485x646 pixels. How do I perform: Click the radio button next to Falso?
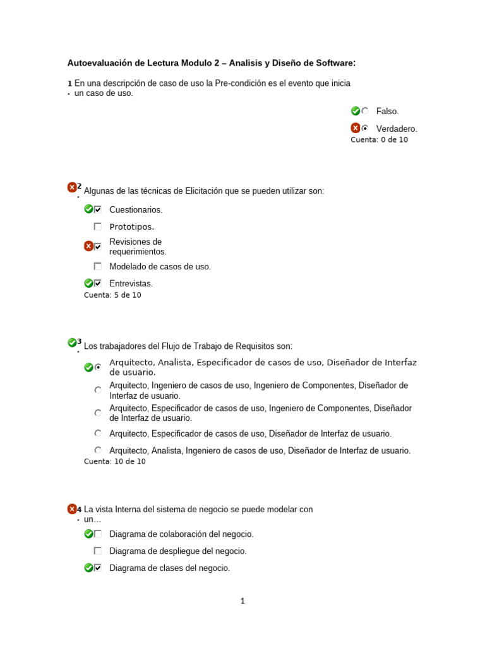tap(365, 111)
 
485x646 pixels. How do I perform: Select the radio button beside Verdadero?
tap(365, 128)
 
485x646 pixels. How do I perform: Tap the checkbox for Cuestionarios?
tap(98, 209)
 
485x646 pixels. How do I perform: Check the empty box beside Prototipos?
tap(98, 226)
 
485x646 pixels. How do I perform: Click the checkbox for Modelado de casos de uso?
tap(98, 266)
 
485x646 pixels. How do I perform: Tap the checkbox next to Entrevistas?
tap(98, 283)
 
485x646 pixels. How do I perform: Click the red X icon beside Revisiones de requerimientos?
tap(88, 246)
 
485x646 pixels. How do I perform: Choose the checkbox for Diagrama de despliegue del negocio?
tap(98, 551)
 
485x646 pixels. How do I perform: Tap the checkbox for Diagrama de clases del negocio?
tap(98, 568)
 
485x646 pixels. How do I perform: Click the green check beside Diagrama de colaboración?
tap(88, 534)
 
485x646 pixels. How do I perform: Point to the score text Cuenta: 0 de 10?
tap(379, 140)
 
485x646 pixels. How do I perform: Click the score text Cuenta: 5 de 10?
tap(112, 295)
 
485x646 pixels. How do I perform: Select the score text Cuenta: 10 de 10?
tap(114, 462)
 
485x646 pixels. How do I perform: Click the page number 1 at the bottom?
tap(242, 601)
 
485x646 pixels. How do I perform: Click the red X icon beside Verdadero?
tap(356, 128)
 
